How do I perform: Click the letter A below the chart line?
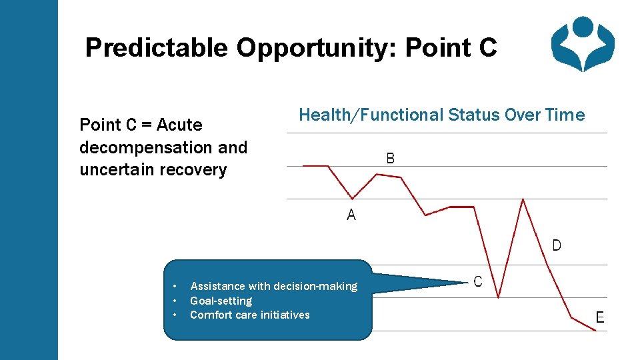tap(351, 215)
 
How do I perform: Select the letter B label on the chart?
tap(391, 158)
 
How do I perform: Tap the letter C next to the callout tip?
tap(478, 282)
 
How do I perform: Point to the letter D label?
tap(557, 245)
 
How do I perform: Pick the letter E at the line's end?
tap(600, 317)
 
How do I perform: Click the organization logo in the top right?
tap(583, 44)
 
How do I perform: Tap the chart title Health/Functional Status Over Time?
tap(441, 115)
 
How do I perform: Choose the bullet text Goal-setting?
tap(221, 301)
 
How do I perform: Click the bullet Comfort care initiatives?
tap(249, 315)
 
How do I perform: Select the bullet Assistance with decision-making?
tap(273, 286)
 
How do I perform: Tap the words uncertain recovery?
tap(153, 169)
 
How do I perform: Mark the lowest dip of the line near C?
tap(499, 297)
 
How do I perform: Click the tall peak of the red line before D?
tap(523, 199)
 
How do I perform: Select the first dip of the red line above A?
tap(353, 198)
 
